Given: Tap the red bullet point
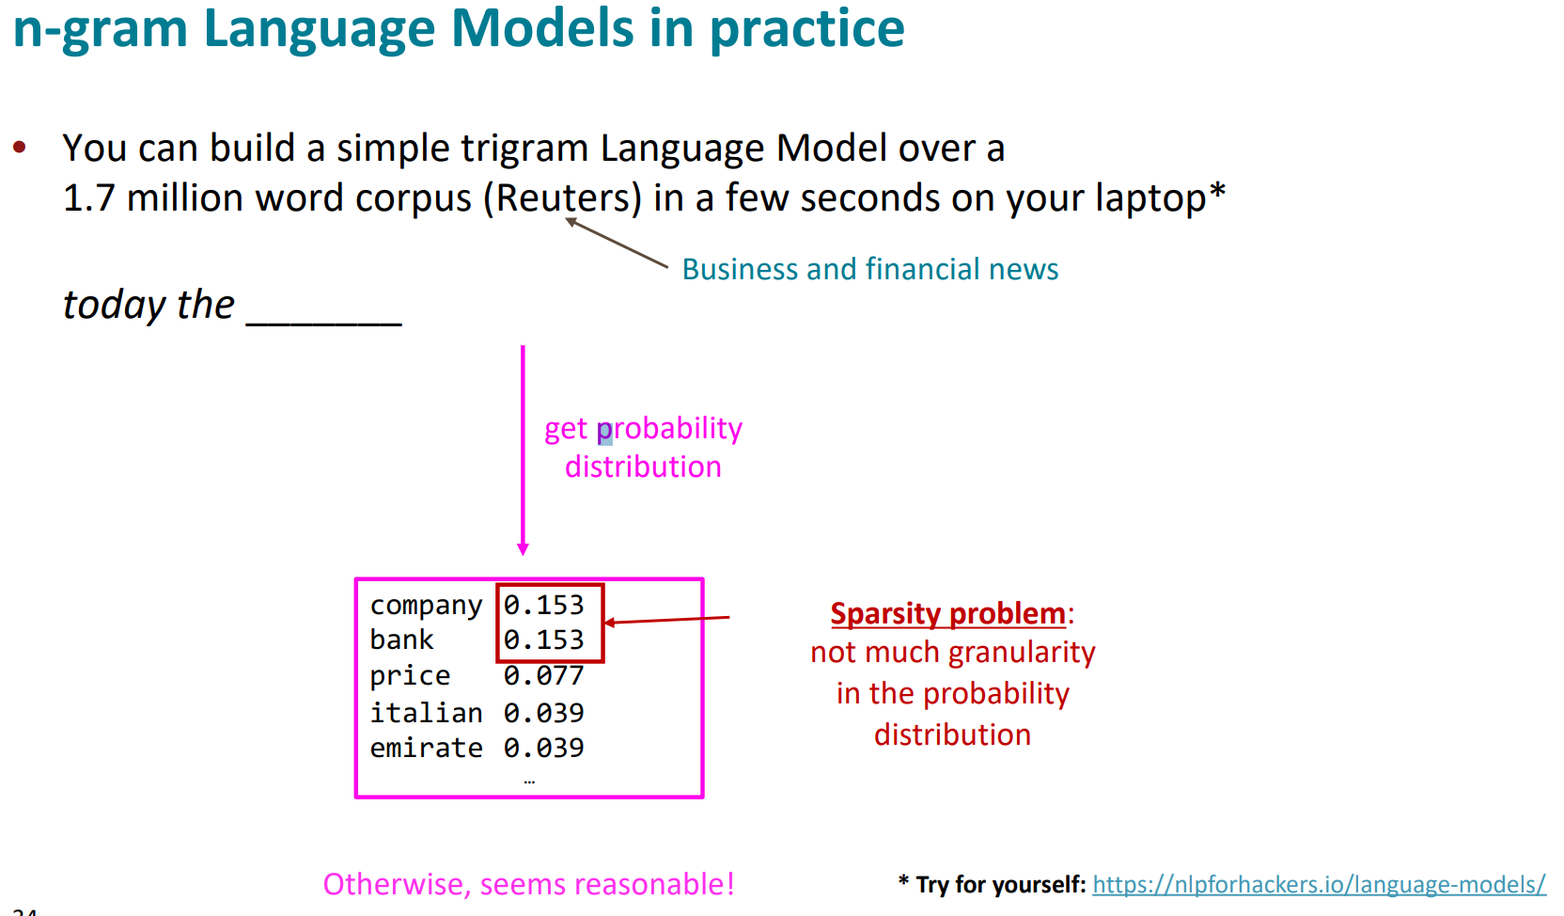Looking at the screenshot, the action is pos(20,147).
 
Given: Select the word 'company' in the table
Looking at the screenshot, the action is pos(426,606).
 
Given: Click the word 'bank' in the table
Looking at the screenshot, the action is pos(401,640).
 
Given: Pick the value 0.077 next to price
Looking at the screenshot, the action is pos(543,675).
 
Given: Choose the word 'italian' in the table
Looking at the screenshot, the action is pos(426,713).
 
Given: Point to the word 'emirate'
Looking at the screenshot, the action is pos(426,749).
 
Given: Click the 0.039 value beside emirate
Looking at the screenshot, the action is pos(543,749).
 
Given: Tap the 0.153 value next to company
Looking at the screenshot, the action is pos(543,605).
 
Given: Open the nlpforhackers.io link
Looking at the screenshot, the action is pos(1319,885).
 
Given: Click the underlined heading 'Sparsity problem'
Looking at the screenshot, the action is pos(948,613).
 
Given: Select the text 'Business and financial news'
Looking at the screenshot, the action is pos(870,269).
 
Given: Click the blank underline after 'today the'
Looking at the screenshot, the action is pos(324,323).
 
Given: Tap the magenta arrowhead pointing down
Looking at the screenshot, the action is pos(523,549).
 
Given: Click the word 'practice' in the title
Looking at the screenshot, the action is pos(807,29).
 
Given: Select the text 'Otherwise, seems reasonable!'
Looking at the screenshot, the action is pos(528,884).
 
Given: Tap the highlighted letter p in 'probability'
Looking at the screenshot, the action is pos(604,432).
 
